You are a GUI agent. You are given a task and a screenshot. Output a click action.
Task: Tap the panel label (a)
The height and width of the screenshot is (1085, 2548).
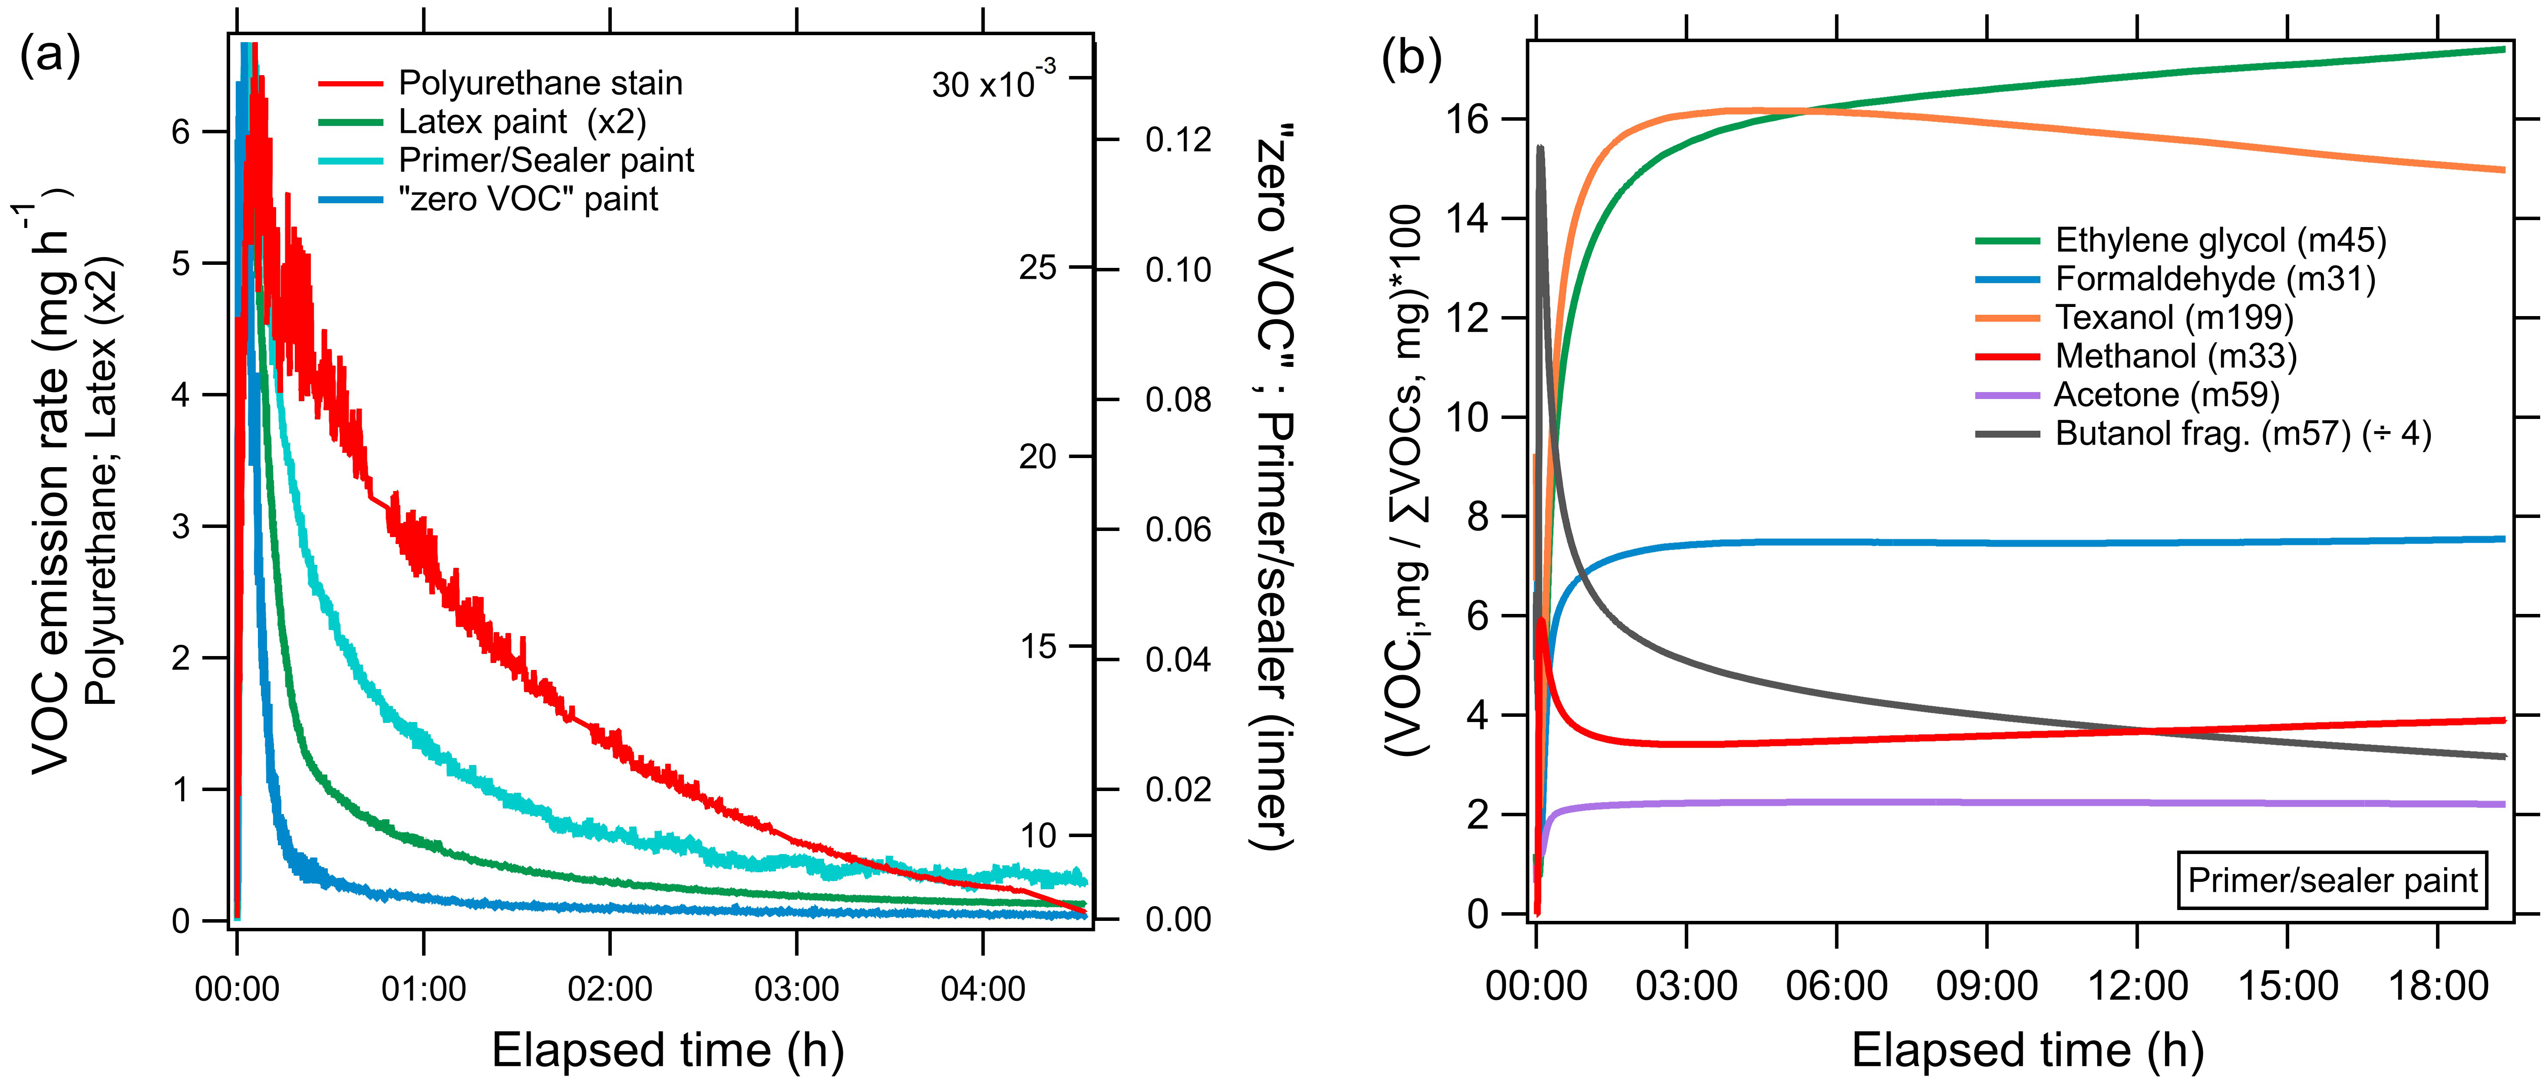click(x=50, y=56)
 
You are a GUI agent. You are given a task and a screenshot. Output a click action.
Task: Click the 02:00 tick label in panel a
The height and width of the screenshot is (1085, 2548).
click(x=610, y=988)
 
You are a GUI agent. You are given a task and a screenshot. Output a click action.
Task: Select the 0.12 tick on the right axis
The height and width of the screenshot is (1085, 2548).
click(x=1178, y=139)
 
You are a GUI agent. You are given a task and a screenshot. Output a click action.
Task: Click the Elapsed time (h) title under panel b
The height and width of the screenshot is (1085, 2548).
click(x=2028, y=1049)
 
